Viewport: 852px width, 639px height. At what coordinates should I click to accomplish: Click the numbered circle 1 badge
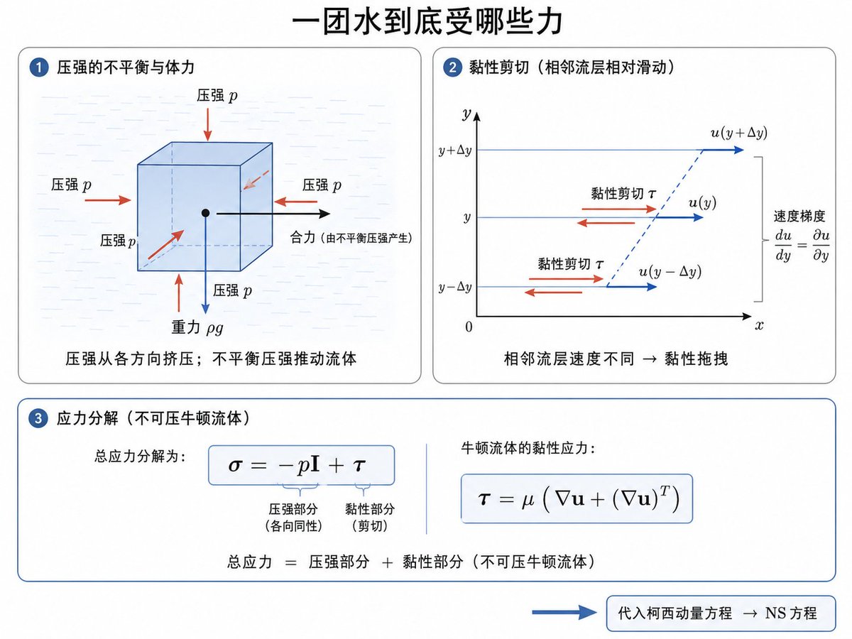tap(39, 67)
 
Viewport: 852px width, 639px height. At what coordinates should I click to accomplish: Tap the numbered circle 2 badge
tap(452, 67)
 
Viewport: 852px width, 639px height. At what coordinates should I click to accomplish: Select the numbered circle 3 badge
tap(38, 418)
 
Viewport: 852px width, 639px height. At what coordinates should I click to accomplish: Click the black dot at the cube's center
tap(206, 213)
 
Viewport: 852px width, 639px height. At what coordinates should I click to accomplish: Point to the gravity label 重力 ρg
tap(197, 328)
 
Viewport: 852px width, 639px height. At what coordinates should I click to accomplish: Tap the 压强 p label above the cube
tap(217, 95)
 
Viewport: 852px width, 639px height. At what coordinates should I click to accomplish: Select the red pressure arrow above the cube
tap(207, 124)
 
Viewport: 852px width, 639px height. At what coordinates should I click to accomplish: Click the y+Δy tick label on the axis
tap(455, 151)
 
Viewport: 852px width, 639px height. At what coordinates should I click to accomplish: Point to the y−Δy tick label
tap(455, 288)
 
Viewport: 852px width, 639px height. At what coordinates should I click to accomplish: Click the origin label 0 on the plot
tap(469, 327)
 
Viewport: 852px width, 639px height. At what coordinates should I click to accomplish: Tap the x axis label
tap(759, 325)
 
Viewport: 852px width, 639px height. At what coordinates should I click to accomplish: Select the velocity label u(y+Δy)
tap(738, 133)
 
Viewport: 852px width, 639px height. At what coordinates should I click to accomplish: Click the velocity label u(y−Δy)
tap(670, 272)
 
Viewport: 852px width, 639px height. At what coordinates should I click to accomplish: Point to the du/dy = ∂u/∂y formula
tap(802, 245)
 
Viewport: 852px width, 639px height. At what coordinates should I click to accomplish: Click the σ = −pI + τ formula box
tap(302, 465)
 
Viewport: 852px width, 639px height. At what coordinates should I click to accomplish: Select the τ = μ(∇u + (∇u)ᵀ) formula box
tap(577, 498)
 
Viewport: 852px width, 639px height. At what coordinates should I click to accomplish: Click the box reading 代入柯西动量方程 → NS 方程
tap(721, 613)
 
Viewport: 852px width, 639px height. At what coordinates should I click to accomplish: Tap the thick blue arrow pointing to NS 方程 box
tap(564, 613)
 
